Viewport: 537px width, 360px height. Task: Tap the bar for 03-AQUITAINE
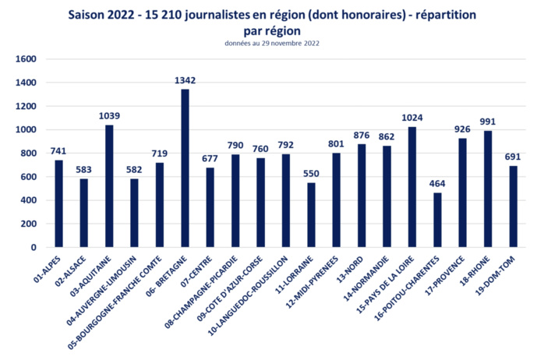[x=109, y=186]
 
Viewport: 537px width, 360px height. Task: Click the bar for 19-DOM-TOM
[x=513, y=206]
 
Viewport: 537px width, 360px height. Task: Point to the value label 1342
[x=185, y=80]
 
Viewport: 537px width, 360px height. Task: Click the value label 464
[x=437, y=184]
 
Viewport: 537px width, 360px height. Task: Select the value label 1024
[x=412, y=118]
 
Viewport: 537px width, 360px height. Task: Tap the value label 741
[x=58, y=151]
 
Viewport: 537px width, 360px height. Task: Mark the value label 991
[x=488, y=122]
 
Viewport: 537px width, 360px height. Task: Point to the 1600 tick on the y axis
[x=26, y=59]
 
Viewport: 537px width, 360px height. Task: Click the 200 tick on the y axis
[x=30, y=224]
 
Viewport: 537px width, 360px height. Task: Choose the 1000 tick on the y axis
[x=26, y=130]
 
